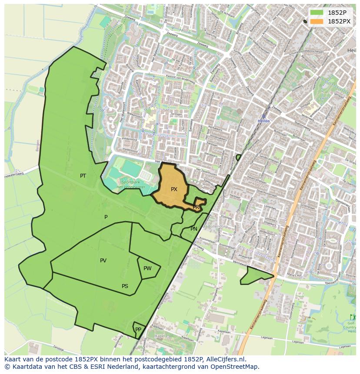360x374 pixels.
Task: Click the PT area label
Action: (83, 176)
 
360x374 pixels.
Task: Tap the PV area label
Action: (103, 261)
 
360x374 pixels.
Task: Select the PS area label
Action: (125, 286)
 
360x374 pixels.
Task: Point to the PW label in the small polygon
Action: (147, 268)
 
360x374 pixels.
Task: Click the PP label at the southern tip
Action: (138, 330)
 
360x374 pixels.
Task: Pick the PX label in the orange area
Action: (174, 189)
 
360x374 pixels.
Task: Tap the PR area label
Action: (196, 207)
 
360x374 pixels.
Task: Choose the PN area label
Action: (194, 229)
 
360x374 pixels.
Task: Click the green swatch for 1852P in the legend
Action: (317, 13)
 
